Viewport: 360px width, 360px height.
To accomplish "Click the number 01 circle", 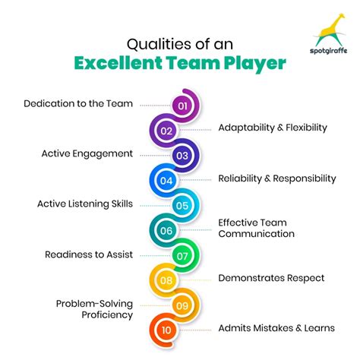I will [182, 106].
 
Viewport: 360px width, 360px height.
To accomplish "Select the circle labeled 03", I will [182, 156].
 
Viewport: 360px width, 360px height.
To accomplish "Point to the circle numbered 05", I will [182, 205].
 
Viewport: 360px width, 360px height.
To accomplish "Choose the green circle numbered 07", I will [182, 255].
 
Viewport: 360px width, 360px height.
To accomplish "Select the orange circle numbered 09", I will [182, 305].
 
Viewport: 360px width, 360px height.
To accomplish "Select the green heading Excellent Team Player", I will [180, 62].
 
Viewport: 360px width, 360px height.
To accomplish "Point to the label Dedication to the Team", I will [78, 103].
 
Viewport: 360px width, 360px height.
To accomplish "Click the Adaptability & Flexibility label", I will [272, 128].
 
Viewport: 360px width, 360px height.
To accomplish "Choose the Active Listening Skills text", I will [85, 204].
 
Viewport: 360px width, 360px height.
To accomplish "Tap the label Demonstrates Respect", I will [271, 278].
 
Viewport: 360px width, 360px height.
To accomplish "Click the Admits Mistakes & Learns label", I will [276, 327].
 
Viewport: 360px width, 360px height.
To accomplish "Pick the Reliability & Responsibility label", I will [276, 178].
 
